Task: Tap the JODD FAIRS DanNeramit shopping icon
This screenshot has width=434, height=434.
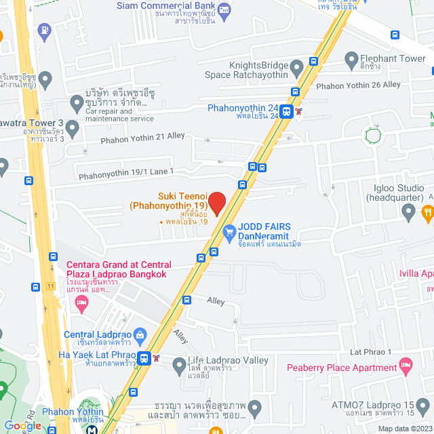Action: pyautogui.click(x=229, y=231)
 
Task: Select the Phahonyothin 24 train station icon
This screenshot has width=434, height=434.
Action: pyautogui.click(x=287, y=112)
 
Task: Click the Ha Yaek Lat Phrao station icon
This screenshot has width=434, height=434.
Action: pyautogui.click(x=144, y=357)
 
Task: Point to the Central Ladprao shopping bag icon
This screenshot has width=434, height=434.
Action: pyautogui.click(x=140, y=334)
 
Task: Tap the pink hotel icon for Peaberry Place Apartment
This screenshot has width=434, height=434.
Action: pyautogui.click(x=406, y=368)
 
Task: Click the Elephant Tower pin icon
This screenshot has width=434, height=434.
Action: pyautogui.click(x=351, y=60)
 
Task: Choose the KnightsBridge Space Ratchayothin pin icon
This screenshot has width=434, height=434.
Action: pyautogui.click(x=296, y=67)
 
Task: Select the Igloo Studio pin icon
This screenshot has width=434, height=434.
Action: pyautogui.click(x=408, y=213)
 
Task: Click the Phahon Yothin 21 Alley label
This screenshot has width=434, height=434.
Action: pyautogui.click(x=142, y=137)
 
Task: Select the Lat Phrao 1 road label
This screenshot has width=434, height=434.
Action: pyautogui.click(x=371, y=352)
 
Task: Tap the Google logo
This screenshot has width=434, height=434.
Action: pyautogui.click(x=22, y=426)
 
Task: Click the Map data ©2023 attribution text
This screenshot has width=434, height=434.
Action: pyautogui.click(x=404, y=429)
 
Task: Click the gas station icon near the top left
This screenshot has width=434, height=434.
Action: pyautogui.click(x=44, y=29)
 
